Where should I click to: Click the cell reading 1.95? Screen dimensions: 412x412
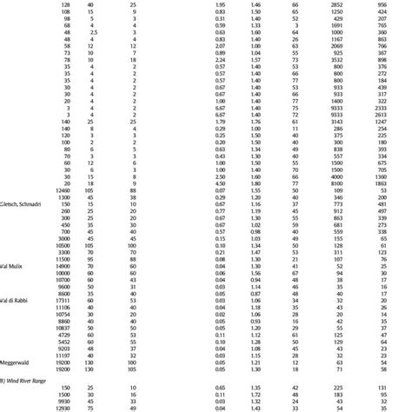click(220, 5)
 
